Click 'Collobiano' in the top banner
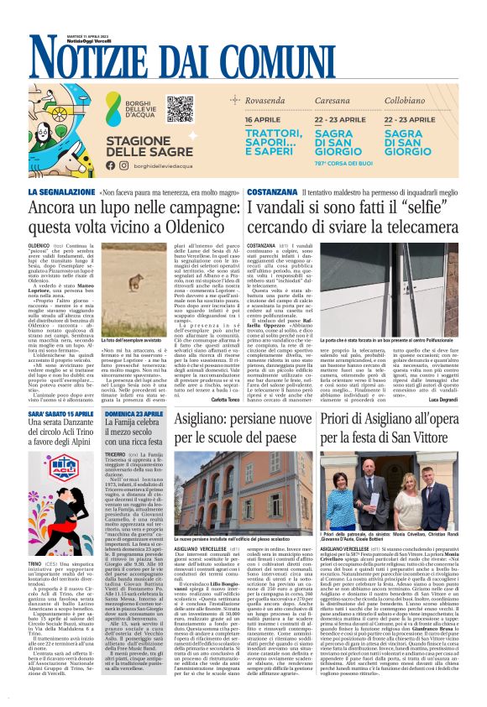pos(428,100)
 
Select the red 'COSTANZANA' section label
pos(272,192)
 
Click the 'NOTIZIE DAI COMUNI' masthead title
pos(243,58)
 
